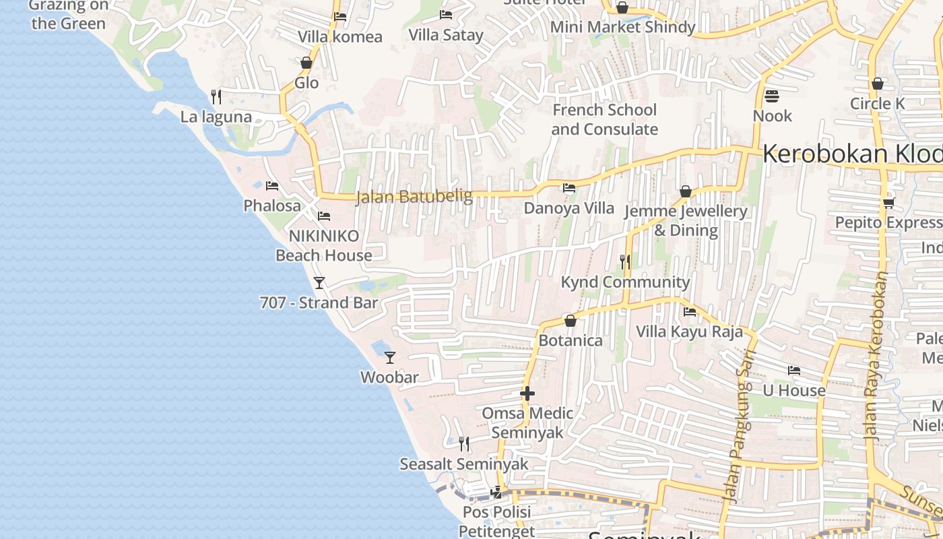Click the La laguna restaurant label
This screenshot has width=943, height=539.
click(216, 117)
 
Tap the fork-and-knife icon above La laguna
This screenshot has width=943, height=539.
click(216, 97)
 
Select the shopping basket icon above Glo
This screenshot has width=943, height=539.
click(306, 63)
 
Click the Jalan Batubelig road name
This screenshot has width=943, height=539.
click(414, 197)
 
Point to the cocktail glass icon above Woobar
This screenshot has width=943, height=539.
click(389, 357)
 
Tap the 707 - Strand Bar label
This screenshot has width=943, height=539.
click(319, 303)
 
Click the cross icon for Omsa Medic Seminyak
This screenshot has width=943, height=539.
click(527, 393)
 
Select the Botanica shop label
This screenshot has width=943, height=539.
click(570, 340)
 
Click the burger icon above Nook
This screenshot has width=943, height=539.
click(772, 96)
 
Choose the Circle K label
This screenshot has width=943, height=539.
click(877, 104)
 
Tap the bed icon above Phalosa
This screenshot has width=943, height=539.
click(271, 186)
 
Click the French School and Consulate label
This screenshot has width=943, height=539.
click(604, 119)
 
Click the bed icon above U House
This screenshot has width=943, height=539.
click(793, 371)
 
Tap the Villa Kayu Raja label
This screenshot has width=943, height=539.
click(690, 331)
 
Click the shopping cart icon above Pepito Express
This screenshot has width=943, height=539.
click(888, 203)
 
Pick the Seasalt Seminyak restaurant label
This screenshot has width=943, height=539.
click(464, 464)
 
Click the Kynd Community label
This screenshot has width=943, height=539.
click(625, 282)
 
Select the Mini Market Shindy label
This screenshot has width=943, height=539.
click(622, 27)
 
